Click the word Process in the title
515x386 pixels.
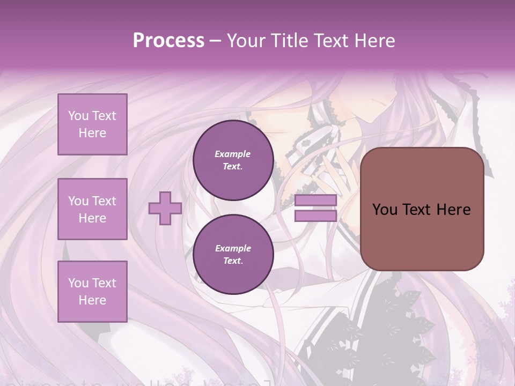(168, 40)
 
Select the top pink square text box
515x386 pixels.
(92, 124)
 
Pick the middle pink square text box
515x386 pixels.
(92, 209)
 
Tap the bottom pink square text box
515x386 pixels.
(92, 292)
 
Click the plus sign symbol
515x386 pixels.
(165, 208)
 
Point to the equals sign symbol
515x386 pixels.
(316, 208)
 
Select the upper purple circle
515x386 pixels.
(233, 160)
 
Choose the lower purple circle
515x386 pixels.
(233, 255)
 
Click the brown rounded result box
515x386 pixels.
(422, 209)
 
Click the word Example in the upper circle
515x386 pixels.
(233, 154)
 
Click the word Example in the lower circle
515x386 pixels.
(233, 248)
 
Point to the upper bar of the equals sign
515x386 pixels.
(316, 201)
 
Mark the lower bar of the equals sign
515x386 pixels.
(316, 216)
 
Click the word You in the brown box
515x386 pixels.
(385, 210)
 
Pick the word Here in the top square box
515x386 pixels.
(92, 133)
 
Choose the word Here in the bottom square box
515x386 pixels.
(92, 300)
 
